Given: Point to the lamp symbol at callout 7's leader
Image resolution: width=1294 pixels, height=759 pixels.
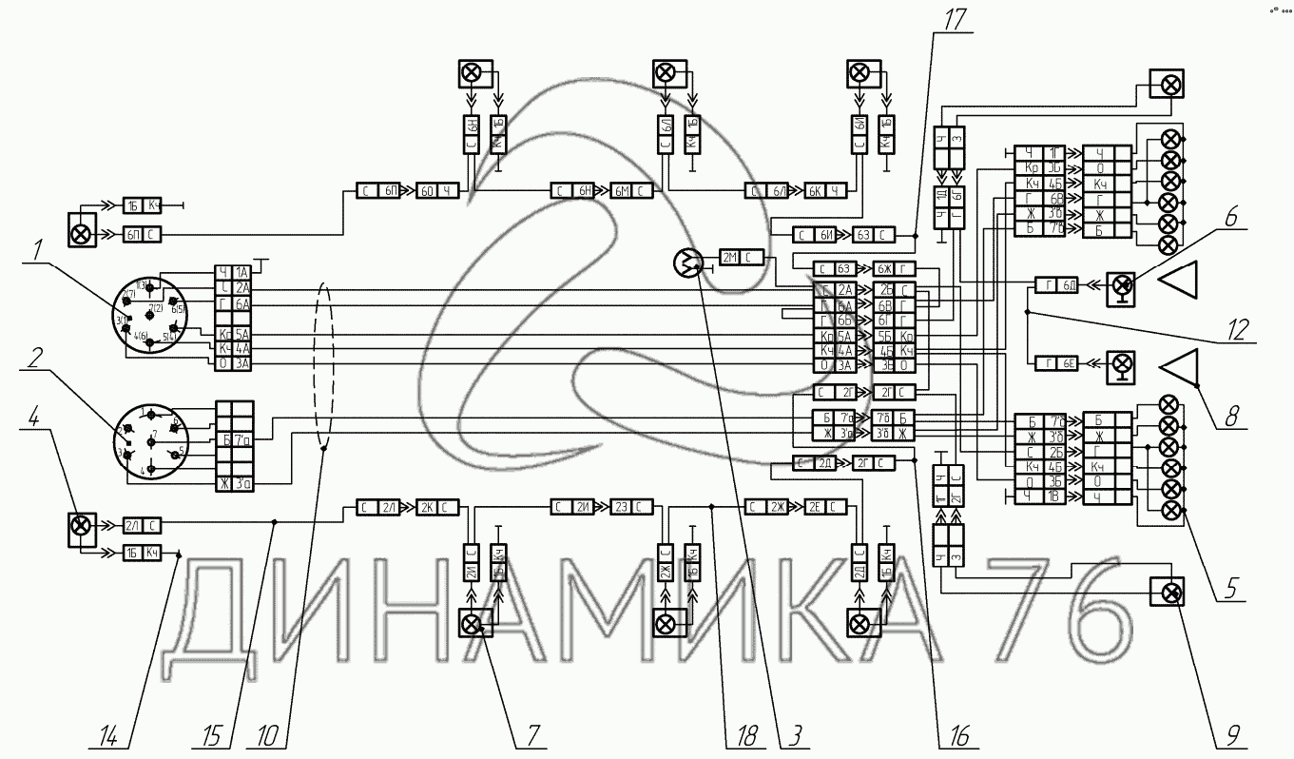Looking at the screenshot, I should [x=473, y=624].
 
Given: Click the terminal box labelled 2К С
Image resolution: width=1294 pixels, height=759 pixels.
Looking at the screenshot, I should [x=438, y=507].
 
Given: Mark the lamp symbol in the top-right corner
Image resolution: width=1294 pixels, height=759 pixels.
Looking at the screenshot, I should [x=1166, y=85].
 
